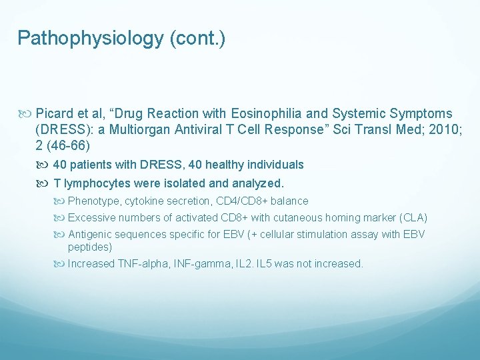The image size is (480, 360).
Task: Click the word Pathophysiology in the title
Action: tap(89, 39)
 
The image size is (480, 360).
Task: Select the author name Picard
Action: tap(55, 114)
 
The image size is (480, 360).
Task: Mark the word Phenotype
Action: tap(95, 201)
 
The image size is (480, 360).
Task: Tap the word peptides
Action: tap(90, 247)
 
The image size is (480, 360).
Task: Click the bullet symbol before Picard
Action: tap(26, 114)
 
